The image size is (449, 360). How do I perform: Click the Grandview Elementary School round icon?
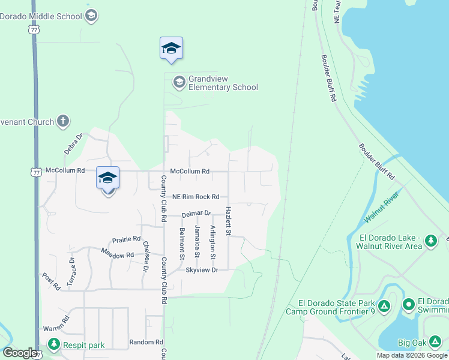coord(179,82)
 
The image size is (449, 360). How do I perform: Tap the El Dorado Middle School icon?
coord(91,15)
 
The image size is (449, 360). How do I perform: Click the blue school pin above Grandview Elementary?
coord(171,49)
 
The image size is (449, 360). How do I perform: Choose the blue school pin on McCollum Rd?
coord(107,179)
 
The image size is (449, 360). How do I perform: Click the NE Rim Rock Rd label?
coord(196,197)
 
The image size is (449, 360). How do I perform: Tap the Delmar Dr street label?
coord(196,214)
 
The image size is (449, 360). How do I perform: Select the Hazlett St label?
coord(228,221)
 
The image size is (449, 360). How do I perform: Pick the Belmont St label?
coord(182,243)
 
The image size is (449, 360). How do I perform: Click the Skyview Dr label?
coord(201,271)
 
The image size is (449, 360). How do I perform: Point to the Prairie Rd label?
coord(126,239)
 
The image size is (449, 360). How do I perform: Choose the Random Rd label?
coord(146,343)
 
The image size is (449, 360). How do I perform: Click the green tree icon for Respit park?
coord(53,344)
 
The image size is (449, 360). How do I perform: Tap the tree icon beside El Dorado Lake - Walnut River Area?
coord(430,241)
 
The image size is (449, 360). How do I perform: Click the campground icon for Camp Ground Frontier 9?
coord(384,307)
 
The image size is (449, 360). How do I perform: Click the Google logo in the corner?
coord(20,353)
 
